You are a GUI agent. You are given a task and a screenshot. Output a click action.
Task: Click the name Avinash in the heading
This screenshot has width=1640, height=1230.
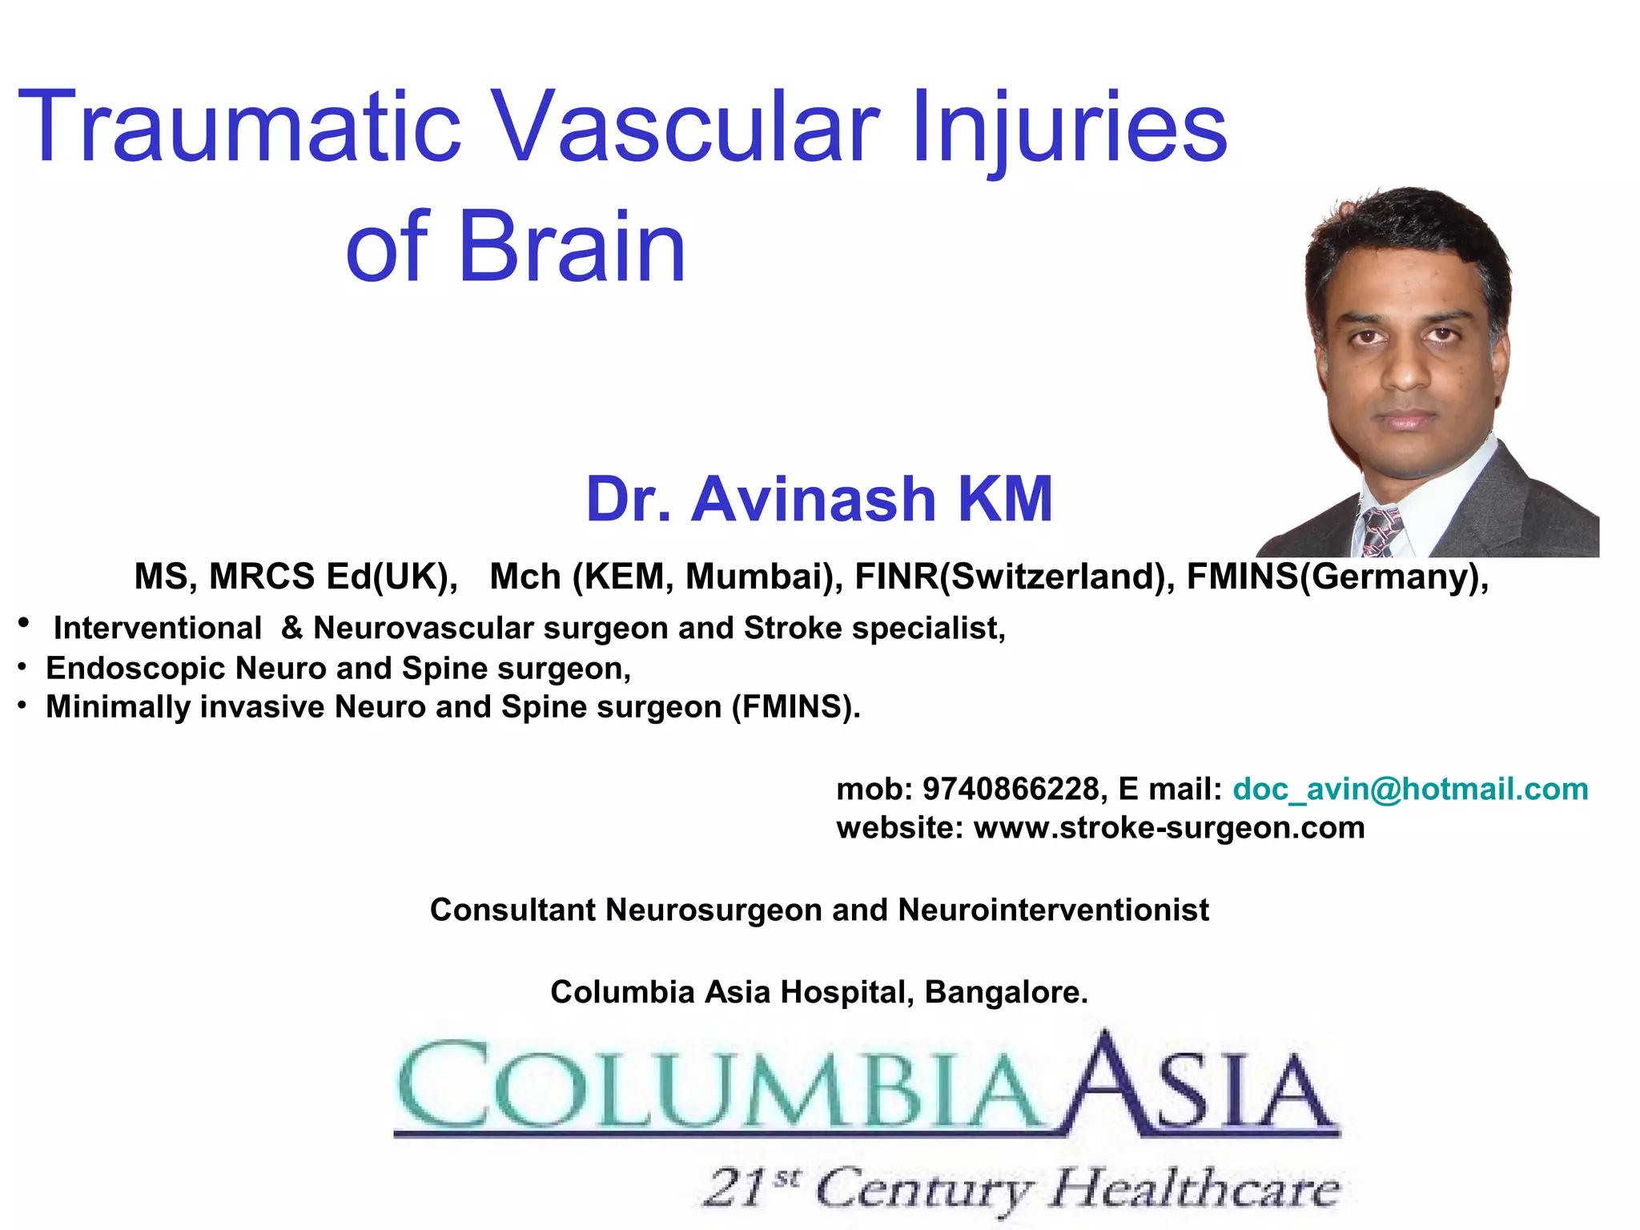pos(814,499)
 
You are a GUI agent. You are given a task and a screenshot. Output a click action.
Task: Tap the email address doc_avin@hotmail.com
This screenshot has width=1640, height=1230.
pos(1410,790)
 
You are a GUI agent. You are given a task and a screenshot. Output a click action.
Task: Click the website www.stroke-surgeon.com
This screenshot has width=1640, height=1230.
pos(1168,828)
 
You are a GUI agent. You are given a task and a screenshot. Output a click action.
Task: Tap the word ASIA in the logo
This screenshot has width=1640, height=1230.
pos(1201,1085)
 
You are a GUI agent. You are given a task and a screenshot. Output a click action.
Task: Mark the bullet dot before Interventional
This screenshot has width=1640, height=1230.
pos(24,623)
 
